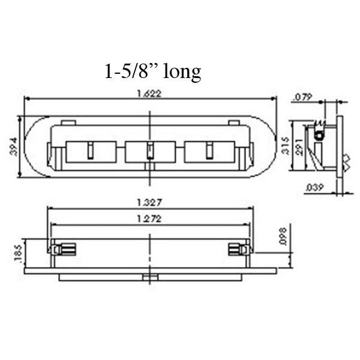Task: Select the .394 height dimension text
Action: pos(13,146)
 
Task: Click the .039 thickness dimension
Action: pos(314,188)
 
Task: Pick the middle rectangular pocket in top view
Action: pos(150,151)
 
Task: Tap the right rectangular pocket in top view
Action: pos(209,151)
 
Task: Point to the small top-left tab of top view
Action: pos(68,123)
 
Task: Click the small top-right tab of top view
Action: pos(233,123)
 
